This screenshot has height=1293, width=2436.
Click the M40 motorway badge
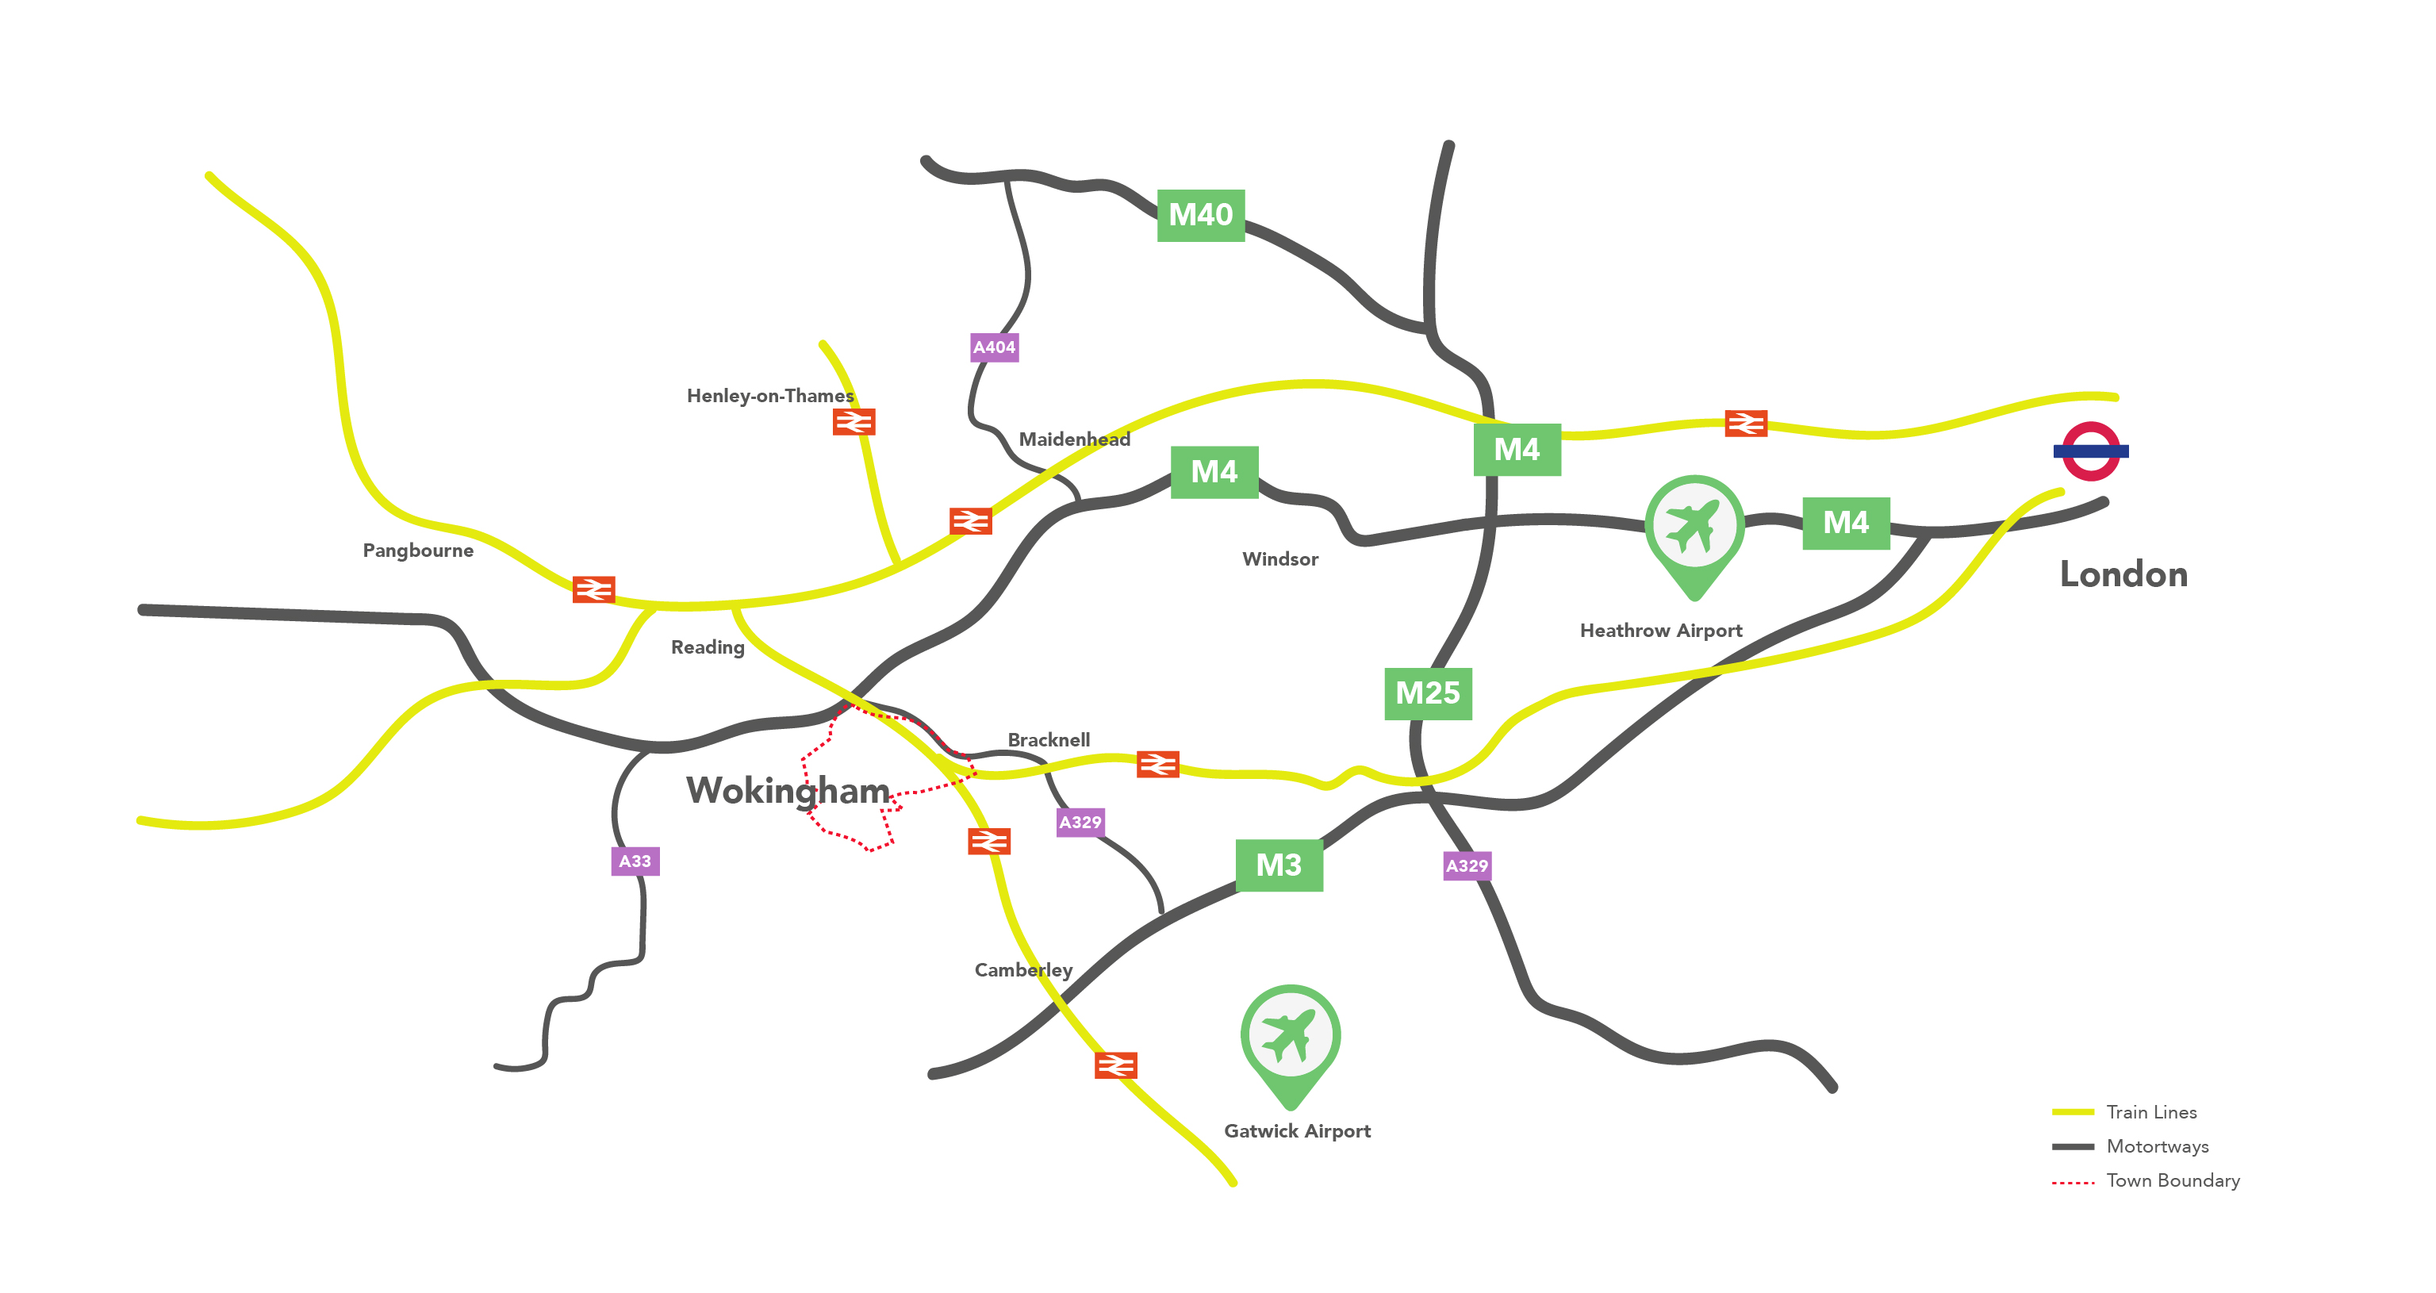tap(1200, 215)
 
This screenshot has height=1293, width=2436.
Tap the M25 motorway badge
tap(1427, 693)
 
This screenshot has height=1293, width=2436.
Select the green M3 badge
tap(1279, 865)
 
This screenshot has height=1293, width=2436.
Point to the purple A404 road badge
tap(994, 347)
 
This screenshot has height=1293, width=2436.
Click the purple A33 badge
tap(635, 861)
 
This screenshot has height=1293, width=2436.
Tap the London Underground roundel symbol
tap(2090, 451)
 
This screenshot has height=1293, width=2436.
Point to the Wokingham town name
tap(788, 791)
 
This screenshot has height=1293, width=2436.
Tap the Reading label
tap(708, 647)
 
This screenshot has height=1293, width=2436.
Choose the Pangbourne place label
tap(418, 551)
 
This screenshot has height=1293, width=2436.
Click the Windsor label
tap(1279, 559)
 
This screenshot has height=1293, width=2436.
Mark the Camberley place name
tap(1023, 969)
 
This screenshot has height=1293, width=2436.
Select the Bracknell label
tap(1048, 739)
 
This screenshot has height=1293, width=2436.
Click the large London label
tap(2123, 574)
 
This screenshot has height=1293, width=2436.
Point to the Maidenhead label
tap(1074, 439)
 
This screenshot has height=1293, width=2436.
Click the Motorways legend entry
tap(2157, 1146)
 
